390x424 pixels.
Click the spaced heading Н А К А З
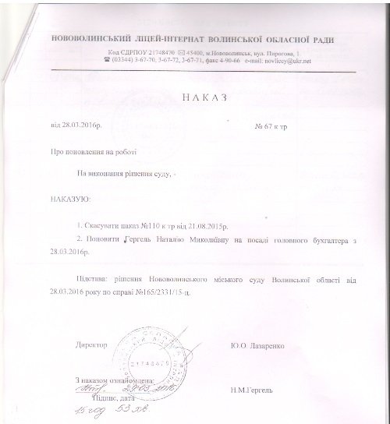tap(193, 98)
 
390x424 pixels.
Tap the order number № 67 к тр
tap(271, 125)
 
